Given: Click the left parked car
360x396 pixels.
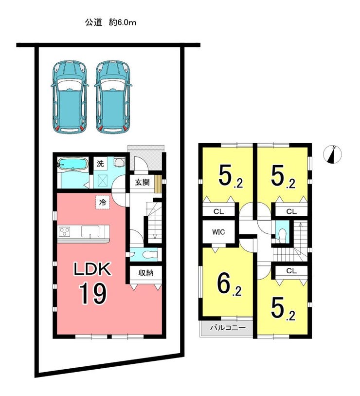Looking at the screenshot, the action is [x=70, y=97].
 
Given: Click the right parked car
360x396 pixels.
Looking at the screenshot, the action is [x=113, y=97].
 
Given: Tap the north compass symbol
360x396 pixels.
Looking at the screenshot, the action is [x=332, y=154].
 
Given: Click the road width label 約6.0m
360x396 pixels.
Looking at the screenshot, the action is [x=123, y=22].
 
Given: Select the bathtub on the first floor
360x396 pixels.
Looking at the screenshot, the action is [x=72, y=165].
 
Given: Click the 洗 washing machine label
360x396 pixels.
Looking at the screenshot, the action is [x=100, y=164].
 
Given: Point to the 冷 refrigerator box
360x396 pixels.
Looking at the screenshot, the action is [x=103, y=202].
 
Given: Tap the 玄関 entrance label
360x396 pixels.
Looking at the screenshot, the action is [x=143, y=182].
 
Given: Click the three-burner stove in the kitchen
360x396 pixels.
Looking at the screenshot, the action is [x=64, y=231].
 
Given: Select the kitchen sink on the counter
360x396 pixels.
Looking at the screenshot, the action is [x=90, y=231].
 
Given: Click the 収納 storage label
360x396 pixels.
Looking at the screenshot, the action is [x=146, y=273].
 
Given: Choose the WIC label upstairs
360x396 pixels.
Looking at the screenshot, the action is [x=218, y=232].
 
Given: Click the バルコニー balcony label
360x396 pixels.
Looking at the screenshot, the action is [x=228, y=328].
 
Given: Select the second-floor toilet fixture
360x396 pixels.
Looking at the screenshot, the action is [x=282, y=234].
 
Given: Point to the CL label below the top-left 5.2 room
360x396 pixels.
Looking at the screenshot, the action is [x=218, y=211].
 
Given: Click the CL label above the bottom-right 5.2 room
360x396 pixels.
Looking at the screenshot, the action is [x=291, y=271].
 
